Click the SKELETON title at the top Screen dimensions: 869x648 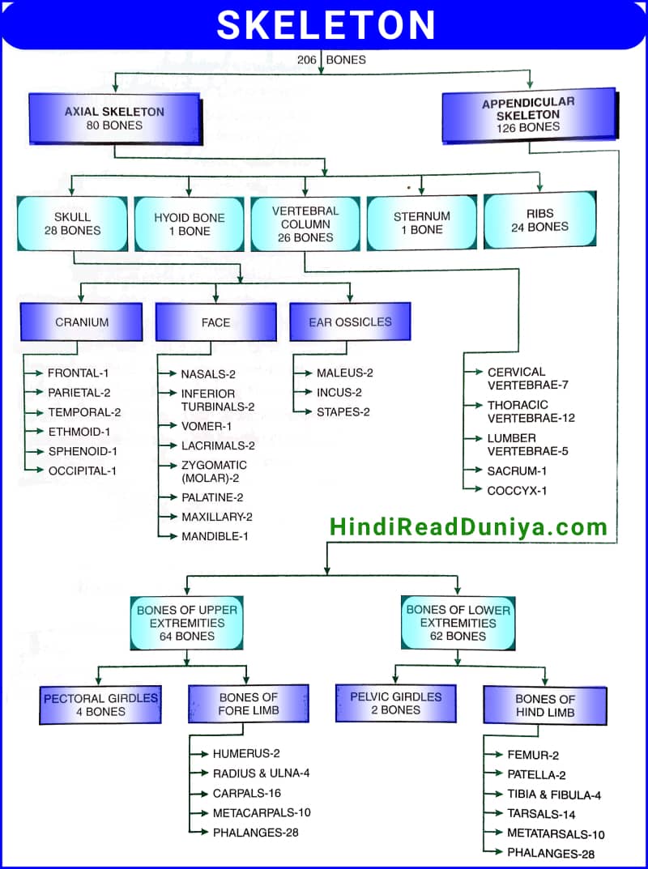(x=326, y=24)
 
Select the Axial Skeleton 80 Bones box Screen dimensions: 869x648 (x=114, y=118)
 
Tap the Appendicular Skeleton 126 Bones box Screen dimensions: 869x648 (x=528, y=115)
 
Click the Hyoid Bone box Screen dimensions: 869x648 (x=189, y=224)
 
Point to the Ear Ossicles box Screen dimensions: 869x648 (x=350, y=322)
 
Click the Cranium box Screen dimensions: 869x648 (x=81, y=322)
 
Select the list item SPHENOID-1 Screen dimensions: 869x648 (x=83, y=451)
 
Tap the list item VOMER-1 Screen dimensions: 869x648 (x=206, y=426)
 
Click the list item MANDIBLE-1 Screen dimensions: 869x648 (x=215, y=536)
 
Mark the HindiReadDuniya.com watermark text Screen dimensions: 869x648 (x=468, y=528)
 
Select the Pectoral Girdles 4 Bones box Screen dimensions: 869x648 (x=100, y=705)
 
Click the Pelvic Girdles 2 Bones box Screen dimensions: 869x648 (x=396, y=703)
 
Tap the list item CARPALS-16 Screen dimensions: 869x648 (x=247, y=793)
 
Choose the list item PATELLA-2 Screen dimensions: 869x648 (x=536, y=775)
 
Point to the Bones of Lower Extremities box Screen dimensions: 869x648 (x=458, y=624)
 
